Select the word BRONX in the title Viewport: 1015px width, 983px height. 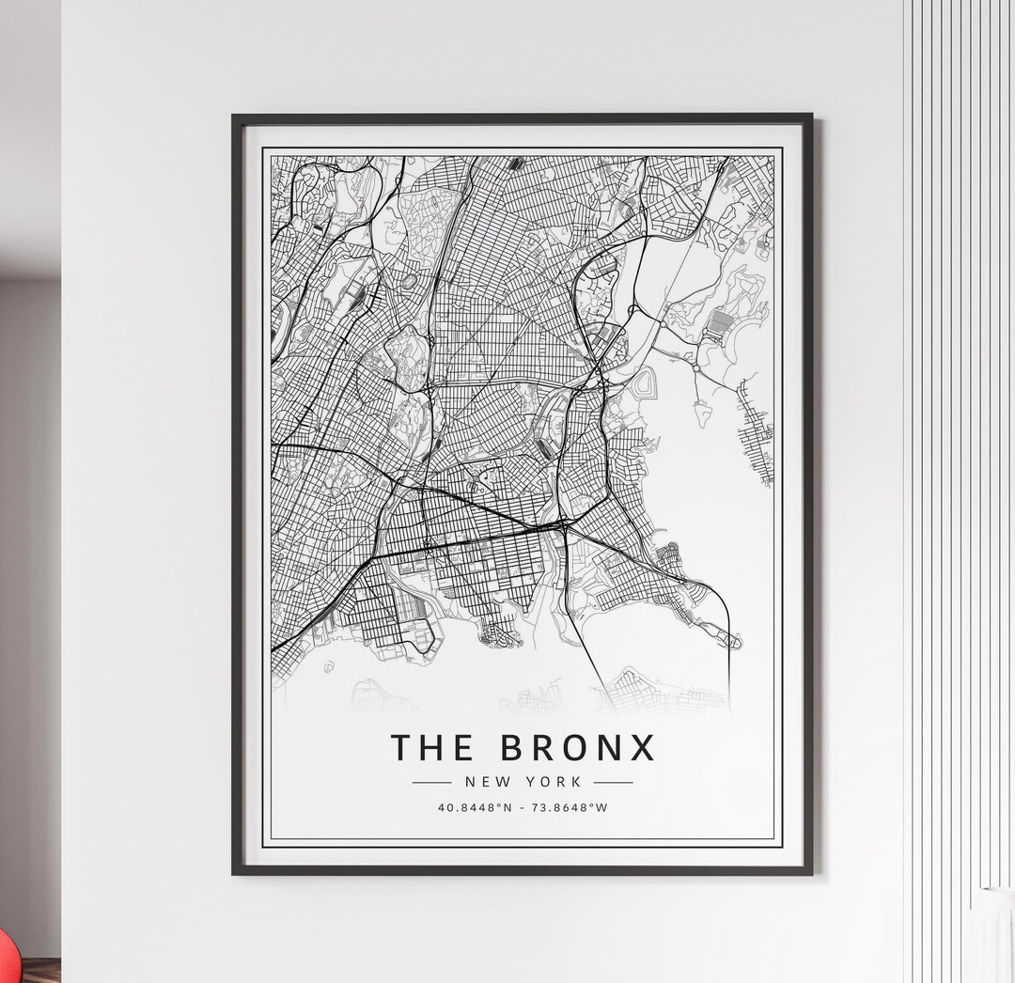tap(577, 747)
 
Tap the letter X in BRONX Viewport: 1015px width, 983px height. tap(642, 747)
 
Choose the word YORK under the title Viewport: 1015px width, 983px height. tap(555, 781)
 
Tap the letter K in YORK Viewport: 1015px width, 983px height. tap(577, 781)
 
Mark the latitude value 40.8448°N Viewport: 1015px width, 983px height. tap(475, 807)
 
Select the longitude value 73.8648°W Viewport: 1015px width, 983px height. tap(570, 807)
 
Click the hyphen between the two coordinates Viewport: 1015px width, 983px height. tap(523, 807)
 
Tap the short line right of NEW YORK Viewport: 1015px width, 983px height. tap(613, 781)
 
